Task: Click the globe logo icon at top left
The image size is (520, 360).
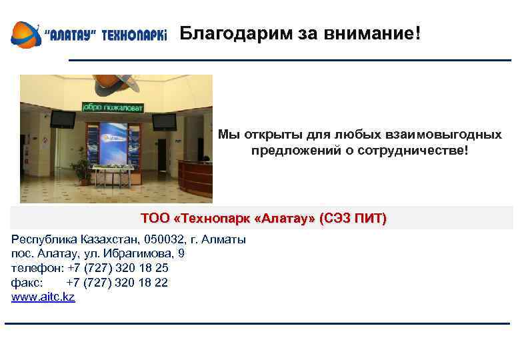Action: [25, 34]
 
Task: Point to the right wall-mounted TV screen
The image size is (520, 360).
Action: [163, 121]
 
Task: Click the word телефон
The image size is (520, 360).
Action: [36, 268]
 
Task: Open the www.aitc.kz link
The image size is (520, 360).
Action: [43, 297]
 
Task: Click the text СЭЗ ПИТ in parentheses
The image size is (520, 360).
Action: [353, 219]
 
